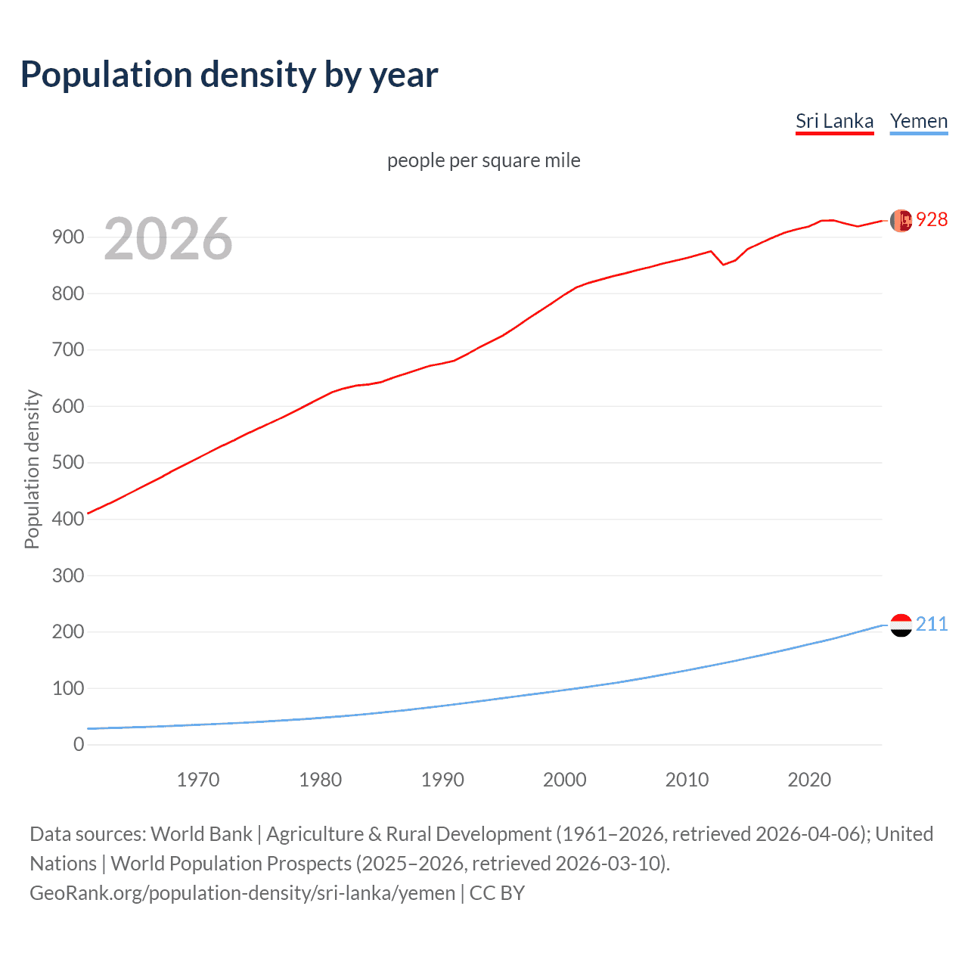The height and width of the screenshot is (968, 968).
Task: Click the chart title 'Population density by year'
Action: (229, 75)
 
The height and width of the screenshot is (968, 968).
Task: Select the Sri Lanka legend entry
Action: (834, 121)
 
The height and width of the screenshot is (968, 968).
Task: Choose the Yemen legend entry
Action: (919, 121)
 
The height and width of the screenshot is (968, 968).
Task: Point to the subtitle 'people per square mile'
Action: (483, 160)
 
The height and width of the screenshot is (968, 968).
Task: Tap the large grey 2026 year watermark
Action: (168, 239)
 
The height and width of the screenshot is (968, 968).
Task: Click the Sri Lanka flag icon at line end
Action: (901, 220)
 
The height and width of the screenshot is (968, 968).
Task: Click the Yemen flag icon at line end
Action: (901, 625)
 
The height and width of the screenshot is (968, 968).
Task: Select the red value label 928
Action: (932, 219)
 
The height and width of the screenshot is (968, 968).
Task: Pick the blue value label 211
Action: (932, 624)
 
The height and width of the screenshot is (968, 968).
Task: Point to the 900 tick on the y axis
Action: (67, 237)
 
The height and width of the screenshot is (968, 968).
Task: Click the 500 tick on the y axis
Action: (67, 463)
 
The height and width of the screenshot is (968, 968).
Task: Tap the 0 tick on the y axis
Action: (79, 745)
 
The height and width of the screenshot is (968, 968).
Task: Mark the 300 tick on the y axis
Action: (67, 576)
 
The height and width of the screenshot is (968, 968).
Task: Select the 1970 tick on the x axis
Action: (198, 780)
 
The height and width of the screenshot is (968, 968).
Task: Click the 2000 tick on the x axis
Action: (565, 780)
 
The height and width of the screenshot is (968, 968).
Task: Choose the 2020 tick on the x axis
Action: (809, 780)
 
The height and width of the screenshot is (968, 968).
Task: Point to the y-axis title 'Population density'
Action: (32, 469)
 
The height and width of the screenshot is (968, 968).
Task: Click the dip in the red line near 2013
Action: (723, 264)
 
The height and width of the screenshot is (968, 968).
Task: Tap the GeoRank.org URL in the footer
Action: (242, 893)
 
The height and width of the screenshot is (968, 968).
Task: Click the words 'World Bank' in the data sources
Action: (201, 834)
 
